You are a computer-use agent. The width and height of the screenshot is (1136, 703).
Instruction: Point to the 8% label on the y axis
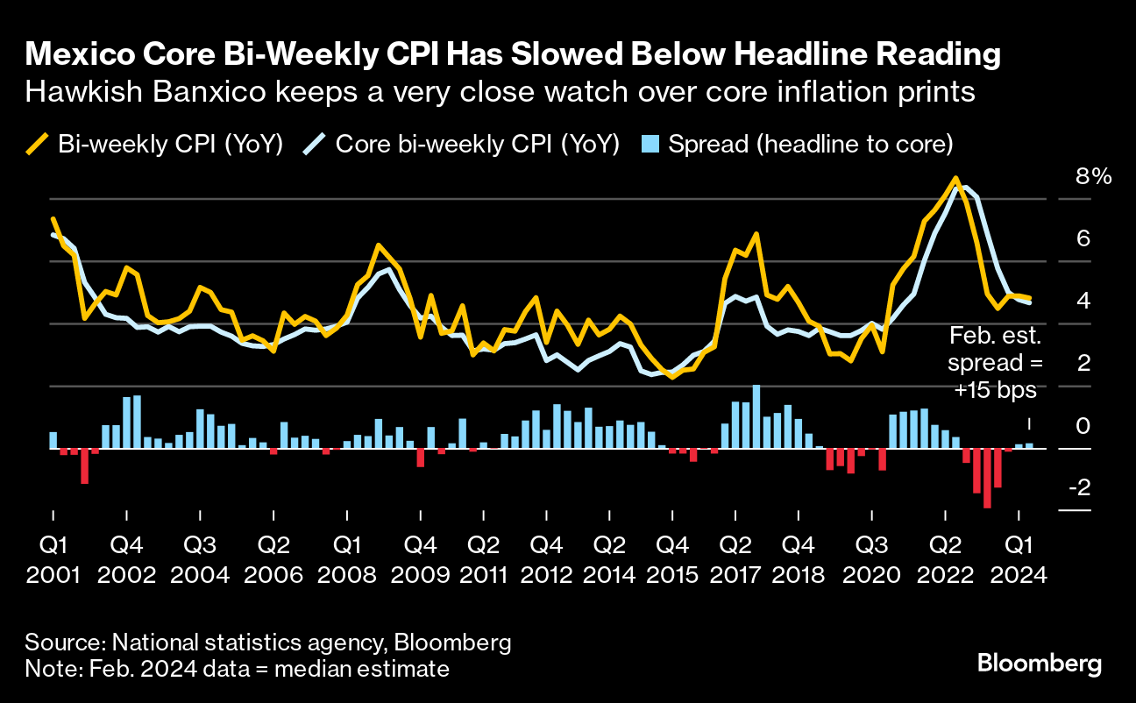click(x=1093, y=177)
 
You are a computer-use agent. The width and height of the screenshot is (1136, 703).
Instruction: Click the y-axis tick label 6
click(x=1083, y=238)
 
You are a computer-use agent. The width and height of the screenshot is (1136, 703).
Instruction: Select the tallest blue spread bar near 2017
click(x=756, y=416)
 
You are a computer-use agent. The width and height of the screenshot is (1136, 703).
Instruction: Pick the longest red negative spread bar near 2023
click(x=987, y=479)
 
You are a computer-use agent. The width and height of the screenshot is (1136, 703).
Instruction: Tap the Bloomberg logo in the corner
click(x=1039, y=664)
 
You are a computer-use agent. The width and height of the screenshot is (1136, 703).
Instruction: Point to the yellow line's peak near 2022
click(x=954, y=179)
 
